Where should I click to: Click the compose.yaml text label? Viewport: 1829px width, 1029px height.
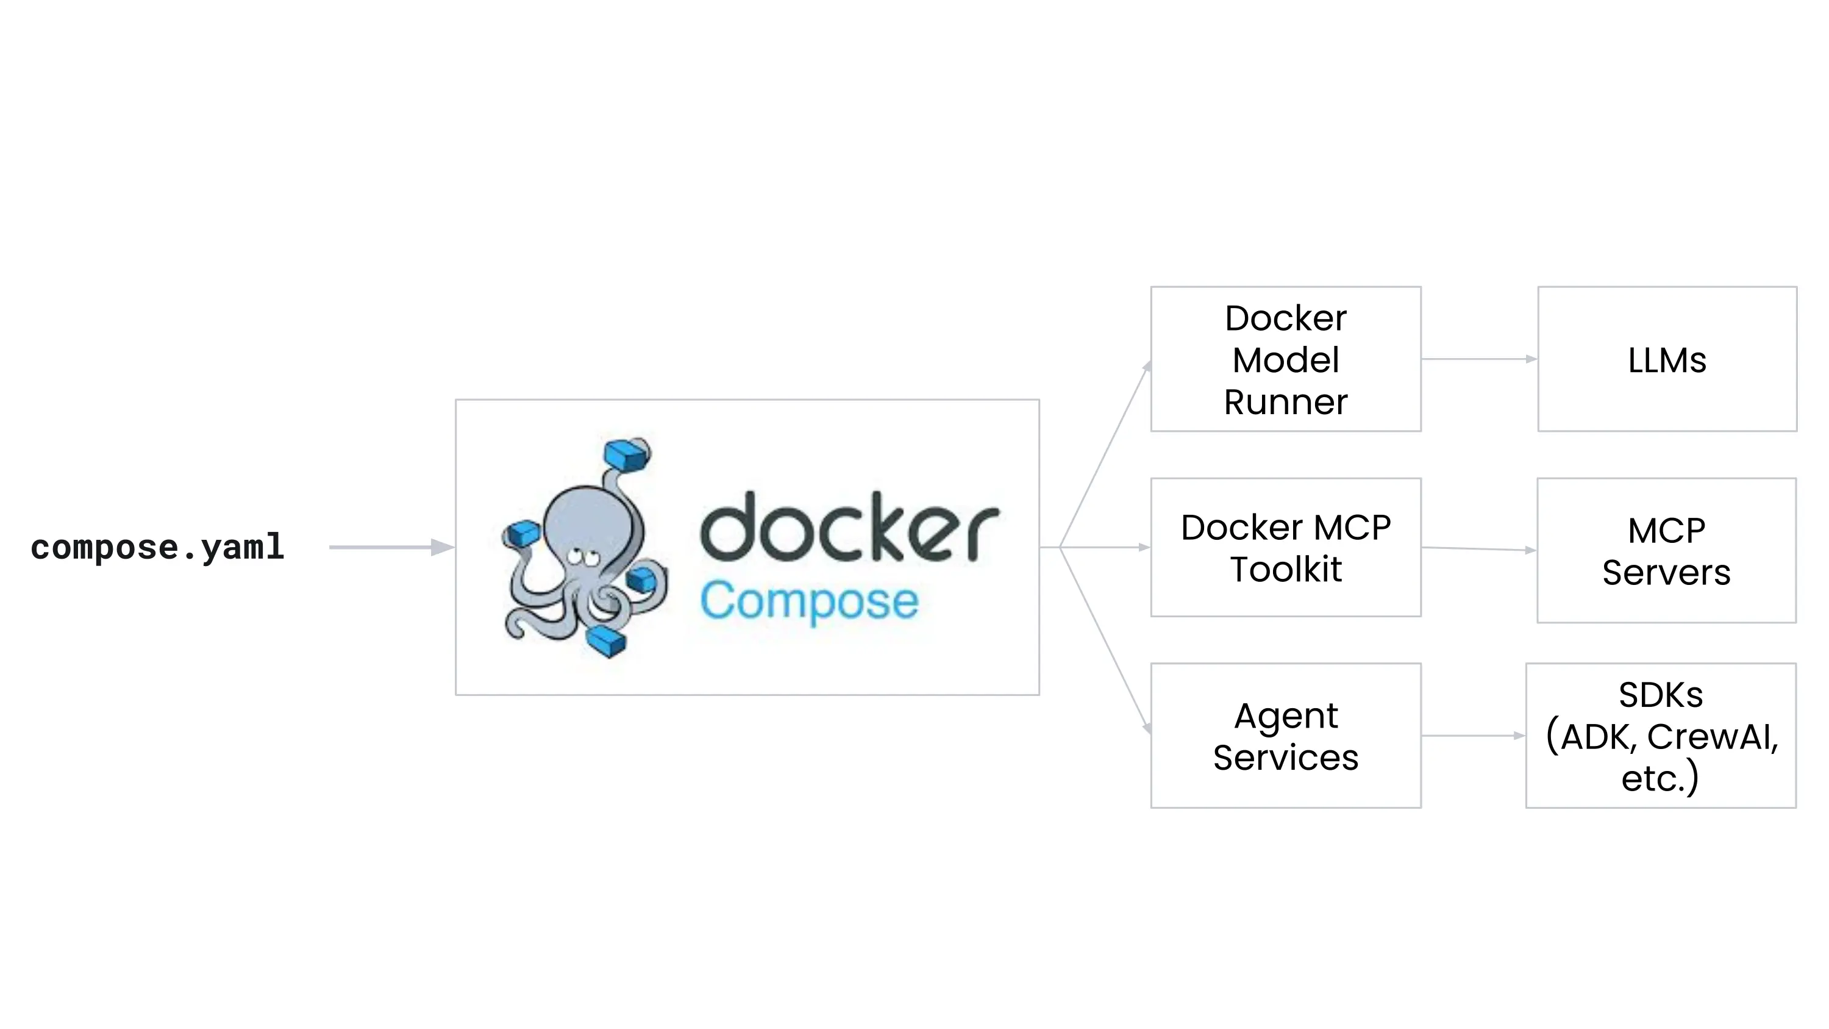[x=158, y=548]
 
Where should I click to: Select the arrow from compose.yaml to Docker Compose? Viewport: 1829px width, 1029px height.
[x=391, y=547]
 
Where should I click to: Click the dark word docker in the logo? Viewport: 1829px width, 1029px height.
[x=849, y=528]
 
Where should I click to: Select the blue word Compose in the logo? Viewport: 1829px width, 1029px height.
[x=810, y=601]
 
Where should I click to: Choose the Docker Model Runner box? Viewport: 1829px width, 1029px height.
[x=1285, y=359]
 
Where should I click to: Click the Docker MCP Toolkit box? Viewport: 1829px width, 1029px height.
[x=1285, y=548]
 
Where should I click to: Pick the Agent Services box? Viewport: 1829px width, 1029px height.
[x=1285, y=736]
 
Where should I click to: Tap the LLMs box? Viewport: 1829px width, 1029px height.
[x=1667, y=359]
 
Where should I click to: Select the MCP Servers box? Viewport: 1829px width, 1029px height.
[x=1666, y=550]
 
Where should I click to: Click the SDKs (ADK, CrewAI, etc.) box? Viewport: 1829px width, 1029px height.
[x=1661, y=736]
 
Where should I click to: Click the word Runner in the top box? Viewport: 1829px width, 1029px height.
[x=1285, y=403]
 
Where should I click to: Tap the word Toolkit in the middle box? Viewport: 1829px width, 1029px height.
[x=1285, y=570]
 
